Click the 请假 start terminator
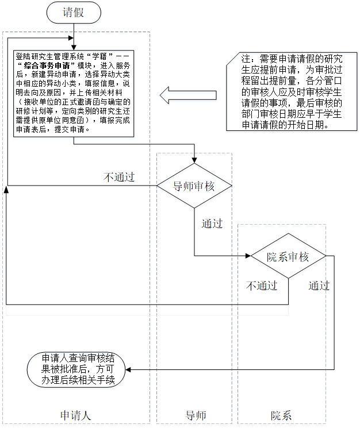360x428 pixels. click(74, 13)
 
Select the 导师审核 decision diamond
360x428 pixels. click(194, 186)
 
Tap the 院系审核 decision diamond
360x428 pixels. click(288, 257)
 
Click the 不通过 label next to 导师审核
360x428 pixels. click(119, 176)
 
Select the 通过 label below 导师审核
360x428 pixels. click(212, 223)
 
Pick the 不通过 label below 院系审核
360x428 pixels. click(262, 286)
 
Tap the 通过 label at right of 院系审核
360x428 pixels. click(319, 286)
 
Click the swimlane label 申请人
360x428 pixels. click(76, 415)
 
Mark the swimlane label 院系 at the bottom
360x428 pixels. click(281, 415)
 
